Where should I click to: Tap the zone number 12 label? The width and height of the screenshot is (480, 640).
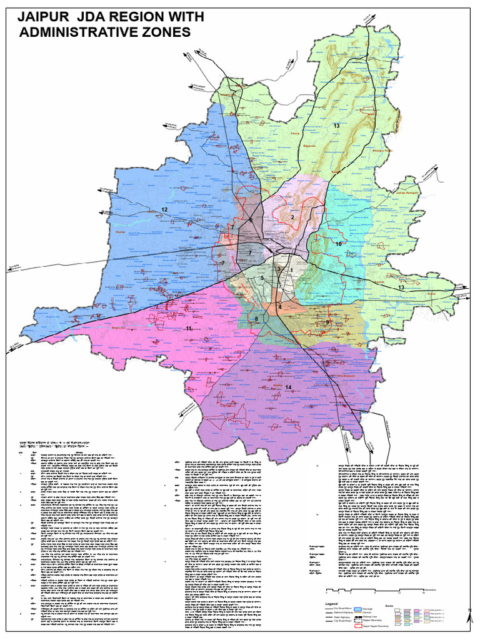point(164,209)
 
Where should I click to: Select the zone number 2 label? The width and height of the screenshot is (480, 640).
point(292,217)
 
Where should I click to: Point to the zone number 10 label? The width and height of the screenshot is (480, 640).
point(339,244)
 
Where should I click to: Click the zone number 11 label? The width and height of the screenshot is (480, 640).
point(188,328)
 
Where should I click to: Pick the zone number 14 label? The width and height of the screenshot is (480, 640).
point(288,387)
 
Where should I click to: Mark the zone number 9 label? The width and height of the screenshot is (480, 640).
point(327,322)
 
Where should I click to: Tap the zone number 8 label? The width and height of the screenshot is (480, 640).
point(256,320)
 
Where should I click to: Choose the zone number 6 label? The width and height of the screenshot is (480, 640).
point(251,221)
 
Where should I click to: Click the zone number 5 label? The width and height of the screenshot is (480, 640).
point(263,277)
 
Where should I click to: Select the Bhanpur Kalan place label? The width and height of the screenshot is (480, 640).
point(382,151)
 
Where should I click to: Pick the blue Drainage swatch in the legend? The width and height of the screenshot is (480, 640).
point(359,608)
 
